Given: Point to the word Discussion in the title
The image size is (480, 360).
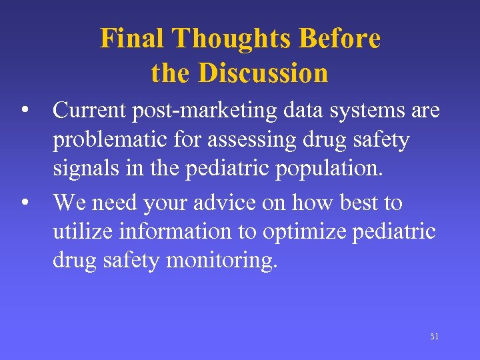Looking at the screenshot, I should click(x=265, y=73).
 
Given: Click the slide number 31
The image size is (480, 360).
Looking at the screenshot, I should click(x=434, y=337).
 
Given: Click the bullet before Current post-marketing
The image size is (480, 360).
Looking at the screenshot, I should click(x=24, y=109).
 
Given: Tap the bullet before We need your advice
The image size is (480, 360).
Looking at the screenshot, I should click(x=24, y=201).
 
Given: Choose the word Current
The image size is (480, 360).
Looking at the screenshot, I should click(x=89, y=110).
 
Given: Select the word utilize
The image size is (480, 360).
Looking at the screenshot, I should click(x=83, y=232).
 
